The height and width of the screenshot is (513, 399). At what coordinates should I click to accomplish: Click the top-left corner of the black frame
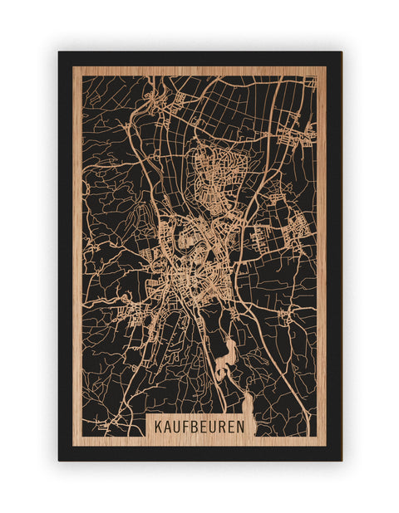tap(59, 52)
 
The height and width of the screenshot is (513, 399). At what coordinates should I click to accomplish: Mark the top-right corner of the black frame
tap(341, 52)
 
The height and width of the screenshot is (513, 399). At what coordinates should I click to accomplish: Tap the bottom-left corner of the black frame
tap(59, 460)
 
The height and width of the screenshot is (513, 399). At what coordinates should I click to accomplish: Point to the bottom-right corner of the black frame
tap(341, 460)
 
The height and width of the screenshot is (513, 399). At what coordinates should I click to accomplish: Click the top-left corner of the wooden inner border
tap(73, 67)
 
